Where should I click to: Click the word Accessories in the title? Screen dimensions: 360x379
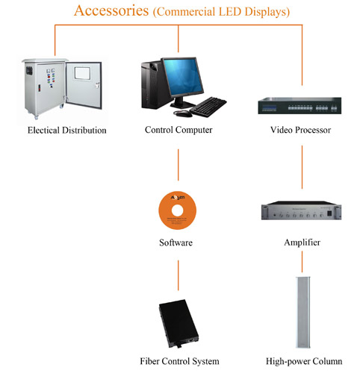point(111,11)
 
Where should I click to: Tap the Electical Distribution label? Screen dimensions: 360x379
point(67,131)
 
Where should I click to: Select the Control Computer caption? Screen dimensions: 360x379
point(179,130)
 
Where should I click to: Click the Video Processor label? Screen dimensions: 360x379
point(300,130)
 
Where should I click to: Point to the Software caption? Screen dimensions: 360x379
point(176,242)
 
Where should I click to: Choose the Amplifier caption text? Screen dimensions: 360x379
point(302,242)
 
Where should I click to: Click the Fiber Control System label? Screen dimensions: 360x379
point(179,361)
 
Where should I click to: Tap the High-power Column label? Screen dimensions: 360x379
point(304,361)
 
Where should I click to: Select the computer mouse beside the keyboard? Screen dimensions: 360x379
point(183,113)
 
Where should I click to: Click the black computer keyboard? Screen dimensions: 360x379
point(208,107)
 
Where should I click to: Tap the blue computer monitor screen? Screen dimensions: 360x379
point(183,77)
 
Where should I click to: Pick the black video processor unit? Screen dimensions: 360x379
point(300,106)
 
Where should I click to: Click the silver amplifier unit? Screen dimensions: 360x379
point(301,210)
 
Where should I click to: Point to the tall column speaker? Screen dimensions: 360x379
point(302,312)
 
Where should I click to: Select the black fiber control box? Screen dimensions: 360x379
point(179,323)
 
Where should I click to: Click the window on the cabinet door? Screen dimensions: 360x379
point(82,73)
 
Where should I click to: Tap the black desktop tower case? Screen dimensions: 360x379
point(154,85)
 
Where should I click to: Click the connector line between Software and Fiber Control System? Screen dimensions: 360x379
point(179,275)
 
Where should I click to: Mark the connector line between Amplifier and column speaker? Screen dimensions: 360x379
point(302,262)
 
